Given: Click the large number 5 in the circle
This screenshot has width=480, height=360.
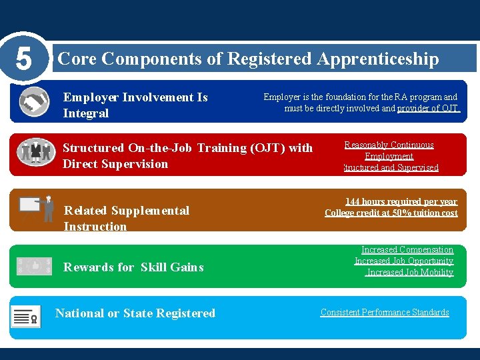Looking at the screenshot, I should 23,59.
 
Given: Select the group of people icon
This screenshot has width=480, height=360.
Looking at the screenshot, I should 35,152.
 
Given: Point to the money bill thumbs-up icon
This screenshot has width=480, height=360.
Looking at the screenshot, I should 33,266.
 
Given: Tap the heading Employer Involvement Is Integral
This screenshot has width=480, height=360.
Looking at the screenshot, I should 135,105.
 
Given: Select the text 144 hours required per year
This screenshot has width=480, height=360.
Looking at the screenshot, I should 401,201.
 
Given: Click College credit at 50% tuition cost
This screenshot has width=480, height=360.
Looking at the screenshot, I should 391,213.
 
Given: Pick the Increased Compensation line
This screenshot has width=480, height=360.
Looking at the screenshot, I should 407,250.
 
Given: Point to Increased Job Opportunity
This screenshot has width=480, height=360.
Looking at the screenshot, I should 403,261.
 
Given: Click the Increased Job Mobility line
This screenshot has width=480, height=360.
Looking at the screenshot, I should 409,272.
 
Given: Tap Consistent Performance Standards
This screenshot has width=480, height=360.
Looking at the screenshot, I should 385,312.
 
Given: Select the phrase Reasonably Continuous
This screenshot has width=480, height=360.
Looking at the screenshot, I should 389,145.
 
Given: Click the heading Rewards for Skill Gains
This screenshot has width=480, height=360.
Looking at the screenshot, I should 133,267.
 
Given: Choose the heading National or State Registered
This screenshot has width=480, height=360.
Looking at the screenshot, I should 135,313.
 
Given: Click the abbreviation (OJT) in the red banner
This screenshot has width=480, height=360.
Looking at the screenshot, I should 269,148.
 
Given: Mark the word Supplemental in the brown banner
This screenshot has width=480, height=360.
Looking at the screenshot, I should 150,211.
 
